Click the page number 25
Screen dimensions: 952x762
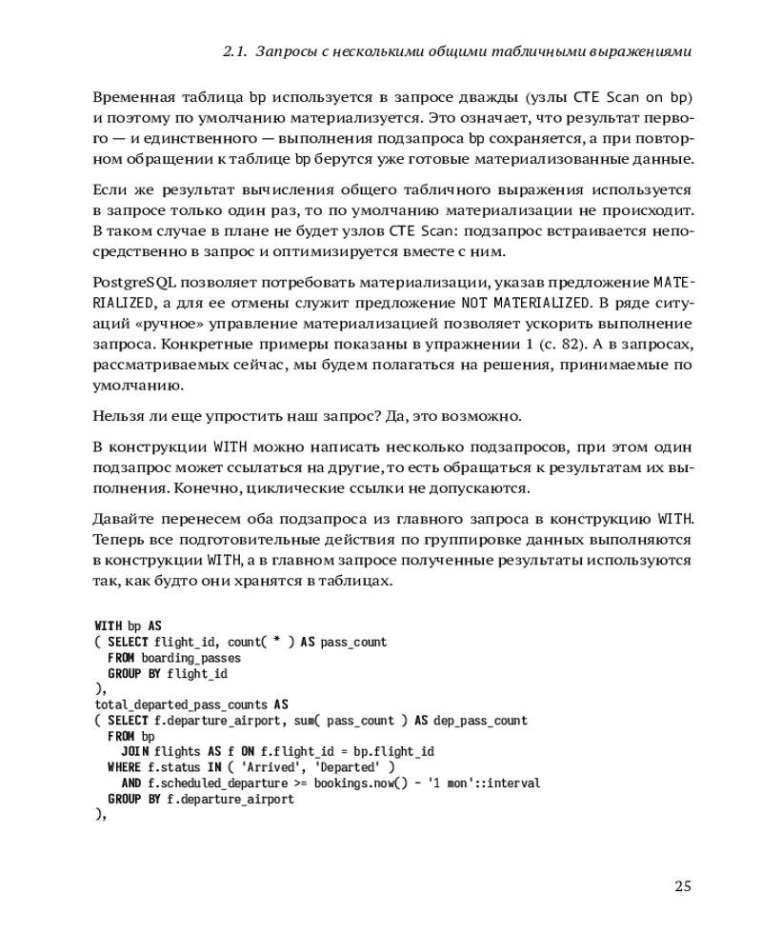tap(682, 886)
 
